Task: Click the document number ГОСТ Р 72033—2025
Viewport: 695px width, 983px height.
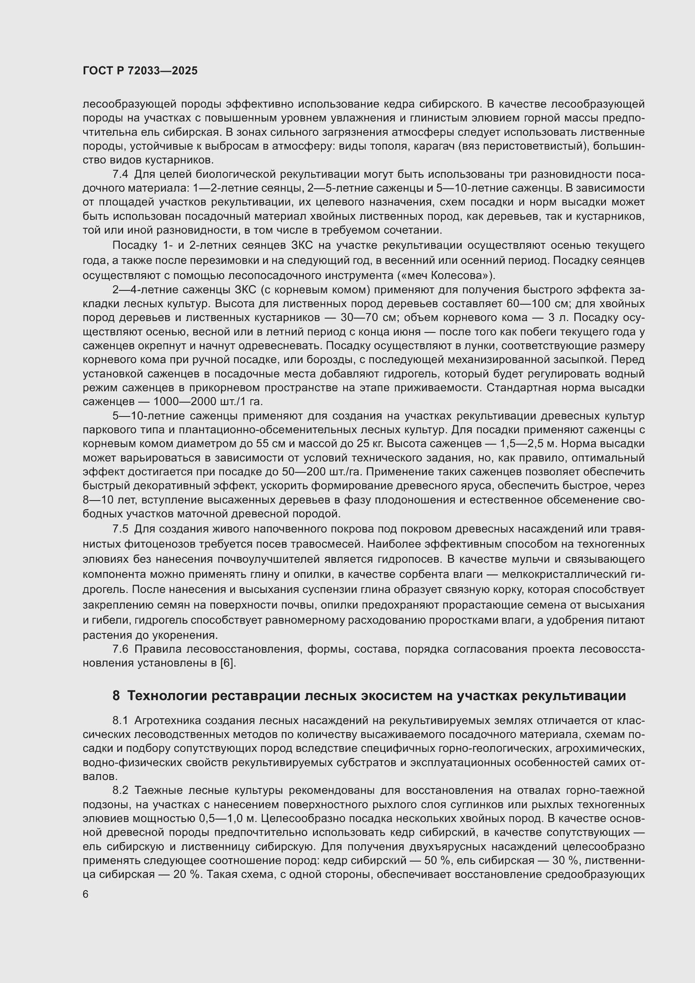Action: click(x=140, y=71)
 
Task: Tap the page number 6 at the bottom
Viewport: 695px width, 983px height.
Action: click(x=86, y=894)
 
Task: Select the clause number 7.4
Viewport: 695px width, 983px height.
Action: click(x=120, y=174)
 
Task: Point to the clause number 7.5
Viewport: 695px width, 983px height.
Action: click(x=120, y=529)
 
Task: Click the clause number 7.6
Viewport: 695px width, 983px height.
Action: click(x=120, y=649)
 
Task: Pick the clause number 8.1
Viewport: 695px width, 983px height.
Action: click(x=120, y=721)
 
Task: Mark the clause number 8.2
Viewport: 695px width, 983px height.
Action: click(x=120, y=791)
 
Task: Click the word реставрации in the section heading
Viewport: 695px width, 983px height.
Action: click(x=257, y=696)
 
